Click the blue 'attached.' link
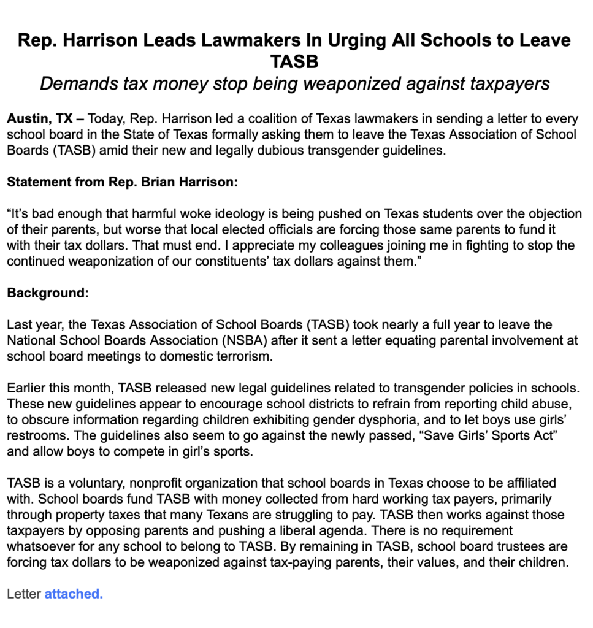pos(74,594)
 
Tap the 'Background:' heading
pos(48,293)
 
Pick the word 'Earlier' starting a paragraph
pos(27,388)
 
